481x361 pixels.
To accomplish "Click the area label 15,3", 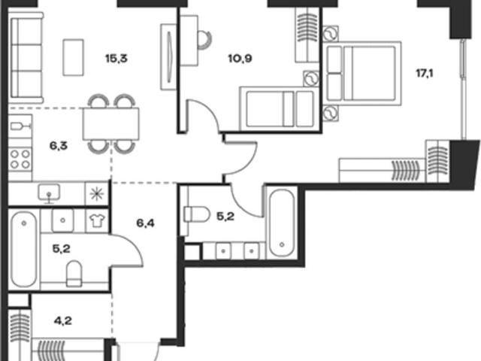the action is (116, 58).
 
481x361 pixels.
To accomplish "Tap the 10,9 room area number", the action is (240, 58).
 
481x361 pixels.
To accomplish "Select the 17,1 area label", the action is (425, 74).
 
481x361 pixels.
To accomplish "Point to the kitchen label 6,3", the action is (59, 146).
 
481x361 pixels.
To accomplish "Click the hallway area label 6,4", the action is (145, 223).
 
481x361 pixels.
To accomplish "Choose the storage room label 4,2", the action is (63, 321).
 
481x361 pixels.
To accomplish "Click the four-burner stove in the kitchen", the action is (20, 159).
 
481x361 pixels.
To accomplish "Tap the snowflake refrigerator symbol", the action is (97, 194).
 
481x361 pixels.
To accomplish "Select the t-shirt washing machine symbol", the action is (97, 220).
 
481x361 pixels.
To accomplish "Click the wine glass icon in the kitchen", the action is (20, 126).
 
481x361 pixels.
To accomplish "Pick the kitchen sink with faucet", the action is (49, 194).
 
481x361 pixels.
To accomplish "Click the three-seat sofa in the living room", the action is (26, 58).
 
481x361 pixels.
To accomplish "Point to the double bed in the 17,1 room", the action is (363, 74).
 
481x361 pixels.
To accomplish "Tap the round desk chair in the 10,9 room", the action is (204, 40).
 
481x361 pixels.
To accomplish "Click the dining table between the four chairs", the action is (110, 123).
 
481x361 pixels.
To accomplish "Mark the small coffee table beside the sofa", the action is (74, 57).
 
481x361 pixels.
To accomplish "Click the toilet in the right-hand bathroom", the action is (196, 214).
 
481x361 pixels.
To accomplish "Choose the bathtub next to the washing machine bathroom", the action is (24, 249).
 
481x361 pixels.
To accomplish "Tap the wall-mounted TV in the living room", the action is (168, 57).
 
